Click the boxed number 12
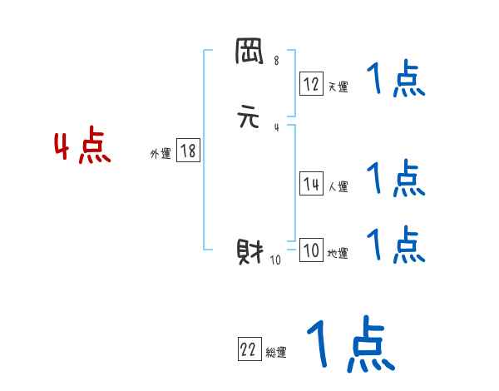[311, 83]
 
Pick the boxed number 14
[311, 185]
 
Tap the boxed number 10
[311, 250]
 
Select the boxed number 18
[188, 151]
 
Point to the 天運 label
[338, 87]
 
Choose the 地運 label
[338, 254]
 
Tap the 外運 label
[161, 154]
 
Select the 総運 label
[276, 354]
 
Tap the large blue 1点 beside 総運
[349, 344]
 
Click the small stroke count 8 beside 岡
[276, 61]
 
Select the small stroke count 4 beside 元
[276, 127]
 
